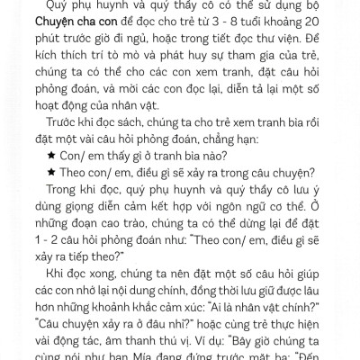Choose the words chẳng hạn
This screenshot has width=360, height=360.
(x=242, y=147)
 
